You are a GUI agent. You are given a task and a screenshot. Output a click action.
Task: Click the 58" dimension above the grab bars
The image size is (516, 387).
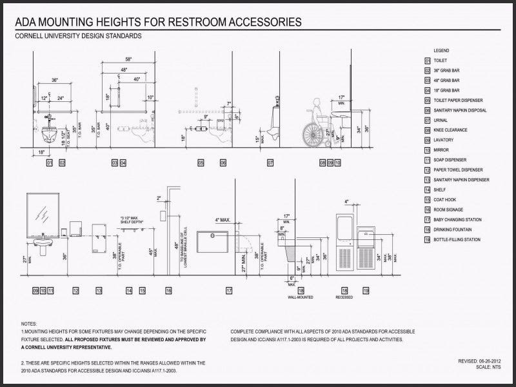point(128,59)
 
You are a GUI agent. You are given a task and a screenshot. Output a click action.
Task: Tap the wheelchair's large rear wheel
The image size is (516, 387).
point(313,134)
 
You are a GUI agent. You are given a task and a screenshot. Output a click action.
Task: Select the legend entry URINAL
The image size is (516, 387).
point(441,120)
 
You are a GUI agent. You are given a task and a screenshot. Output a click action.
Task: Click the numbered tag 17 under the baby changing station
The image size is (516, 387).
point(229,291)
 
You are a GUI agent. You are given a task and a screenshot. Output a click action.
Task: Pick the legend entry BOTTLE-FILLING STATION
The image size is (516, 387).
point(457,240)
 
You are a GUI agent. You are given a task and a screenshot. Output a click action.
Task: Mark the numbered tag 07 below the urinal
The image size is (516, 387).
point(270,164)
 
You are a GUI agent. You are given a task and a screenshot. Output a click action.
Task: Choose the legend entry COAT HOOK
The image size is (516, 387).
point(444,200)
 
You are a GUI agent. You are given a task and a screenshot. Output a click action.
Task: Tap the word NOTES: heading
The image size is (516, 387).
point(29,323)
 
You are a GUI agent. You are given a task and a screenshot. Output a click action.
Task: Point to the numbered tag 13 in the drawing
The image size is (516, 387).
point(99,291)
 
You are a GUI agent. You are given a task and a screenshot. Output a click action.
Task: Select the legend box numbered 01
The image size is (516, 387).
point(427,60)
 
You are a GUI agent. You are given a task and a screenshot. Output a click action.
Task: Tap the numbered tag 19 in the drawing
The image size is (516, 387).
point(366,291)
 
